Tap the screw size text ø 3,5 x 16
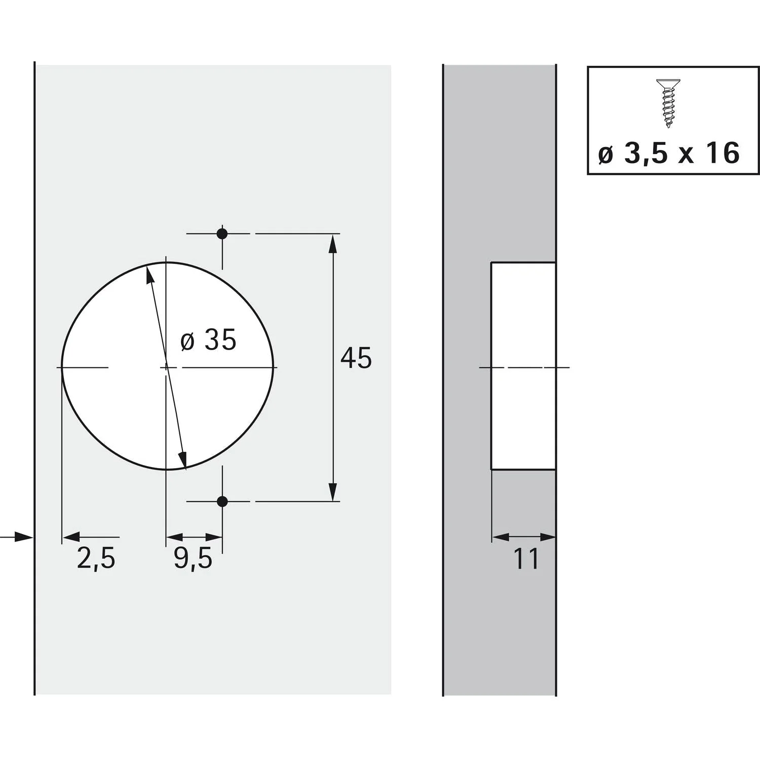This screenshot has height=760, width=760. (669, 153)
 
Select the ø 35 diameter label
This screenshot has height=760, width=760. (208, 340)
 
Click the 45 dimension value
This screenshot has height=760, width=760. (356, 358)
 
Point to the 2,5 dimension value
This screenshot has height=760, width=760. (96, 558)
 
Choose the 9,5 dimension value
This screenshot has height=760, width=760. (193, 558)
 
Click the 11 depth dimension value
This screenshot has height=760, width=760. (526, 559)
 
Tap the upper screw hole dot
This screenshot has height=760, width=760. (222, 234)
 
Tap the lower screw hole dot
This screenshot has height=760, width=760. (222, 502)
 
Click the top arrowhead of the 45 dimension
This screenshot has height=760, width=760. (332, 244)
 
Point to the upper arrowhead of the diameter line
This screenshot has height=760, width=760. (149, 274)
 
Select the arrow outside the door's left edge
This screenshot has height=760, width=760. (23, 537)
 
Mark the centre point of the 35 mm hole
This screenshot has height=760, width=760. (166, 367)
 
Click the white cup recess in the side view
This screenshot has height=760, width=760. (523, 366)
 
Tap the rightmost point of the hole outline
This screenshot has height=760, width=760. (276, 367)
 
